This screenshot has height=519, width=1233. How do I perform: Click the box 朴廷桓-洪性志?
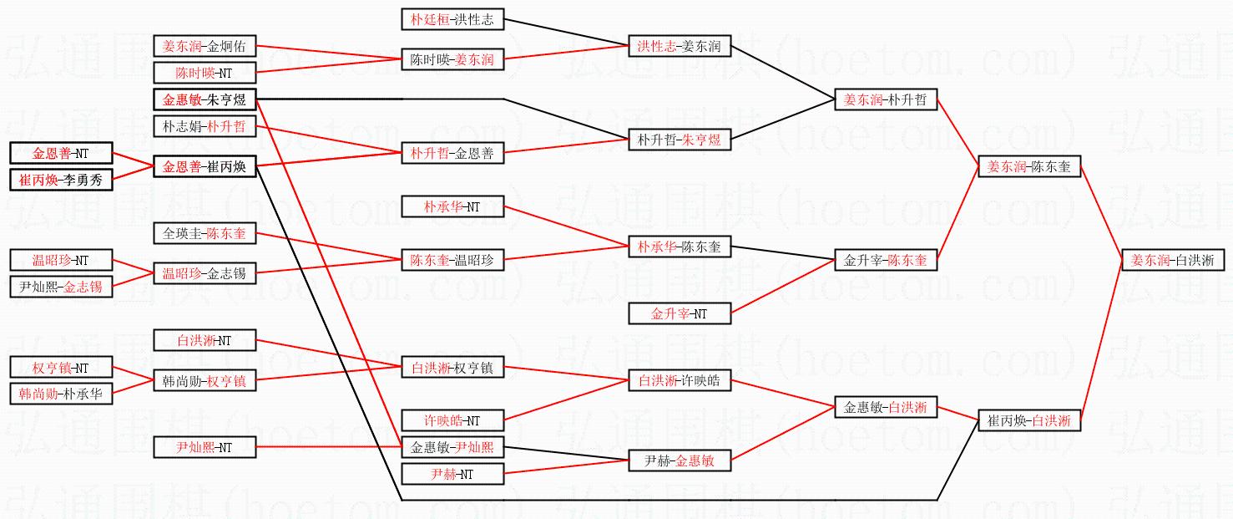tap(452, 19)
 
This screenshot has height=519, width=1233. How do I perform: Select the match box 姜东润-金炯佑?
tap(205, 47)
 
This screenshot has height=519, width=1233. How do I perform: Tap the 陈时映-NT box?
tap(205, 73)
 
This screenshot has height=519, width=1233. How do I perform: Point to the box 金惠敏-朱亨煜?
tap(205, 99)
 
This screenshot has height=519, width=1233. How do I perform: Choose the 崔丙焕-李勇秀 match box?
tap(61, 180)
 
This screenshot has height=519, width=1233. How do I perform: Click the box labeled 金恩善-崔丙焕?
tap(205, 167)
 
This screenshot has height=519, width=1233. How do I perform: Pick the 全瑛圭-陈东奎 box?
tap(205, 233)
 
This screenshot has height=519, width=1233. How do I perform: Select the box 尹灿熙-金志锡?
tap(61, 287)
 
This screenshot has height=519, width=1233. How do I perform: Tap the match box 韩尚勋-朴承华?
tap(61, 394)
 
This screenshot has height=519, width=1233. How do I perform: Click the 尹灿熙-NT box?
tap(205, 447)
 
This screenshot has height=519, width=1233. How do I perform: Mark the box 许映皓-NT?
tap(452, 420)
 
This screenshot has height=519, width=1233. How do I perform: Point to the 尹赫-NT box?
tap(452, 474)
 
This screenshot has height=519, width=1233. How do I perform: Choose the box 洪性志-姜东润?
tap(679, 47)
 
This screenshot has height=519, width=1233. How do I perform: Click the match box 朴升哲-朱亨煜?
tap(679, 140)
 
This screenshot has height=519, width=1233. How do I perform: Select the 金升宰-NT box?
tap(679, 314)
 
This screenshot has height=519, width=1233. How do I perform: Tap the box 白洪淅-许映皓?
tap(679, 380)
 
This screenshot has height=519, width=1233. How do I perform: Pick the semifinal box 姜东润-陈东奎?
tap(1029, 167)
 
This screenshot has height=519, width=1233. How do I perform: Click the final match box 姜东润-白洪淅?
tap(1173, 260)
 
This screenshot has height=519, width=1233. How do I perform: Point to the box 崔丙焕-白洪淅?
tap(1029, 420)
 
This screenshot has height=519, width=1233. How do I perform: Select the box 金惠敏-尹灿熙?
tap(452, 447)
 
